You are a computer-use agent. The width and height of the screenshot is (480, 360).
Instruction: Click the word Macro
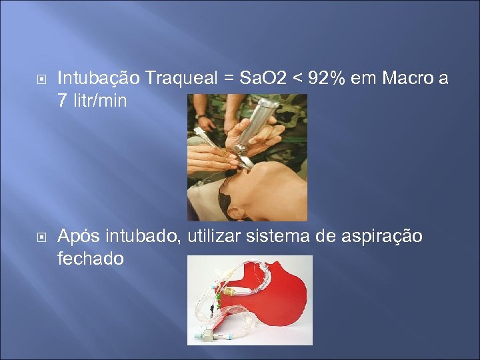(x=402, y=79)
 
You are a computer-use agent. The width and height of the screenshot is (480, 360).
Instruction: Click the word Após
(x=79, y=237)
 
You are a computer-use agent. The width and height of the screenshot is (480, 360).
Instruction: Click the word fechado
(x=91, y=259)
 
